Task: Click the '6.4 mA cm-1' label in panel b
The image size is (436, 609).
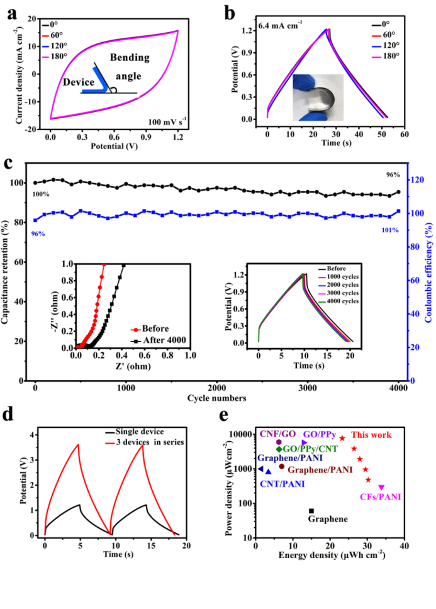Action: pos(280,26)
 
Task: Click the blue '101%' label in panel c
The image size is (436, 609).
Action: pos(390,230)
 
